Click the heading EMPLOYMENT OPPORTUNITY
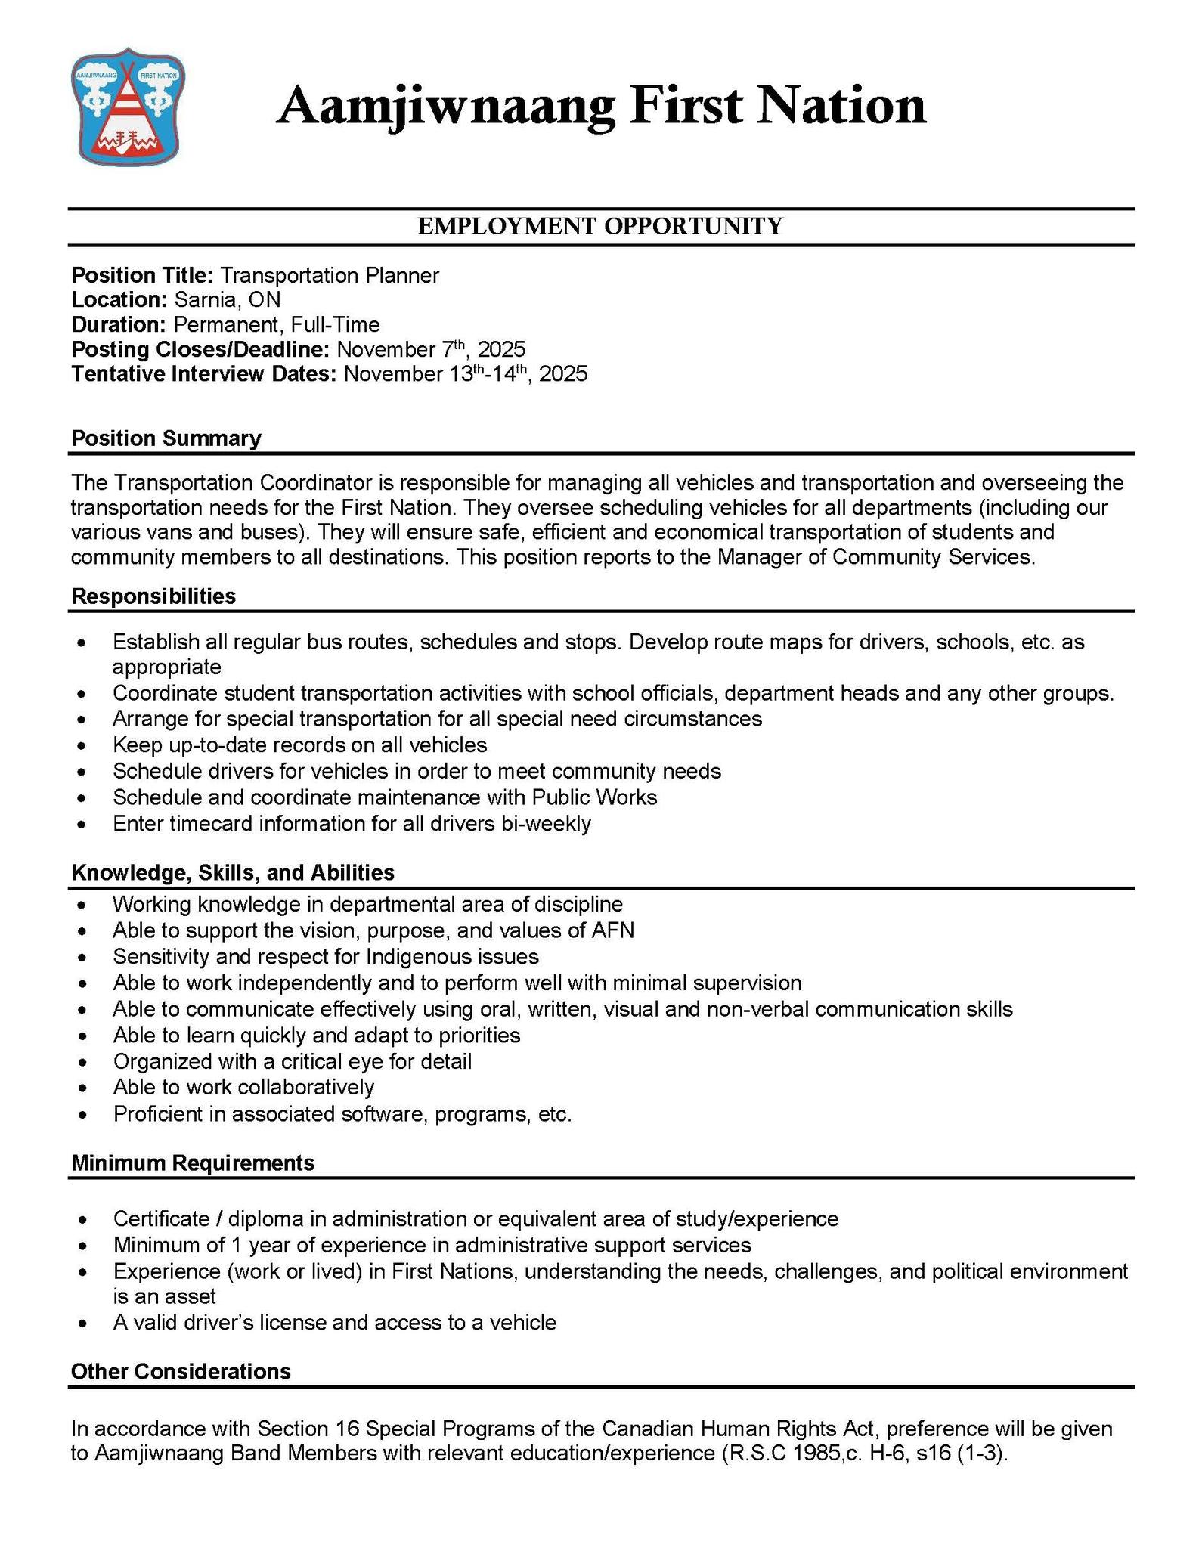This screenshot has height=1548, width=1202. tap(600, 226)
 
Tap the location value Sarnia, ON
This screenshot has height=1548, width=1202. tap(227, 300)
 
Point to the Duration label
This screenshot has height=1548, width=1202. tap(118, 325)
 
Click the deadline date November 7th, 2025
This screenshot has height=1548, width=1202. tap(430, 349)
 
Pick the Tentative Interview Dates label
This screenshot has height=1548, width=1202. tap(203, 374)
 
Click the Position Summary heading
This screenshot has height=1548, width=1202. tap(166, 438)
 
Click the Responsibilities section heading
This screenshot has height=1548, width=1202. tap(153, 596)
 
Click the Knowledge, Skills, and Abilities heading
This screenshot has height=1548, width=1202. tap(233, 873)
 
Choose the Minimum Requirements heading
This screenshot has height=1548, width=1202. tap(193, 1163)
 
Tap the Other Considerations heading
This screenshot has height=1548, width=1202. tap(181, 1372)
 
